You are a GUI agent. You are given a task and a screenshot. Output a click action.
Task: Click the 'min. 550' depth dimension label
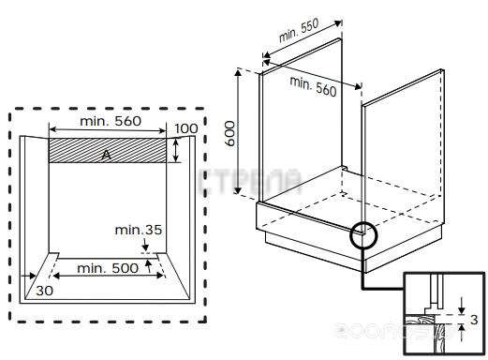click(299, 30)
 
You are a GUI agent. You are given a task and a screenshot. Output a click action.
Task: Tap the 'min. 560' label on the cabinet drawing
click(313, 86)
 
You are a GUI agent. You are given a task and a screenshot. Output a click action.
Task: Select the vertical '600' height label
click(230, 133)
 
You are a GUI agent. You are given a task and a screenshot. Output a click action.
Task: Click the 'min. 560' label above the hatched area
click(111, 121)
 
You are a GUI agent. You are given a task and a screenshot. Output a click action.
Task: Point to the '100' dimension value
click(186, 128)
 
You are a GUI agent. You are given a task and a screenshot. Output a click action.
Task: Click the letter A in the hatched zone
click(107, 155)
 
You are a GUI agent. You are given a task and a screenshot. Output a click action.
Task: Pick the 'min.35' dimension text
click(139, 230)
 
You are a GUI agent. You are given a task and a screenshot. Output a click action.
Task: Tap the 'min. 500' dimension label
click(108, 268)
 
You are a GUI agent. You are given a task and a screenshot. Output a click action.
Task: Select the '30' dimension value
click(45, 291)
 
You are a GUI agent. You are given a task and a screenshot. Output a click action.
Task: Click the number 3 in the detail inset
click(474, 320)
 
